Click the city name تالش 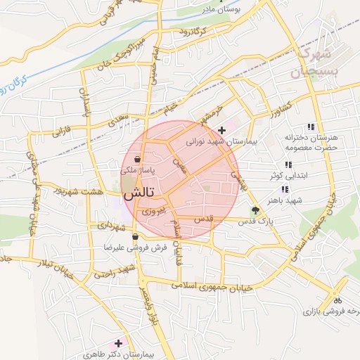coord(140,191)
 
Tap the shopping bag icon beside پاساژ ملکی coord(135,160)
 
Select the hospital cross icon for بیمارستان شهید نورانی coord(222,130)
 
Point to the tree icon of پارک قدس coord(255,210)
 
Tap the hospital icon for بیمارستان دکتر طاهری coord(118,344)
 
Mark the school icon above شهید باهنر coord(285,189)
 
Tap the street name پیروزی coord(153,210)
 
